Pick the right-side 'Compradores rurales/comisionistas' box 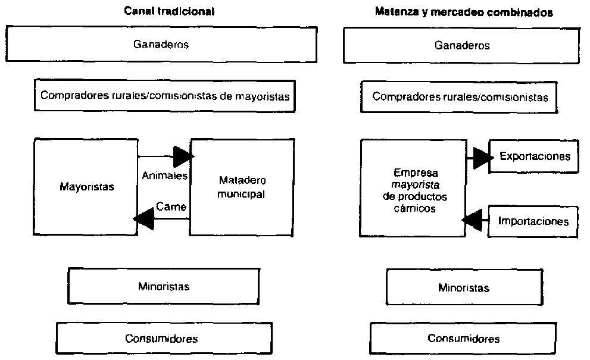click(x=459, y=96)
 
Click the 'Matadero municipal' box click(x=242, y=187)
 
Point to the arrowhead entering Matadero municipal click(x=184, y=157)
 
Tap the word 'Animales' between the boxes click(x=165, y=176)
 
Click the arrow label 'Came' click(x=171, y=206)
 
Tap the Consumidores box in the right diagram click(x=463, y=339)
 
